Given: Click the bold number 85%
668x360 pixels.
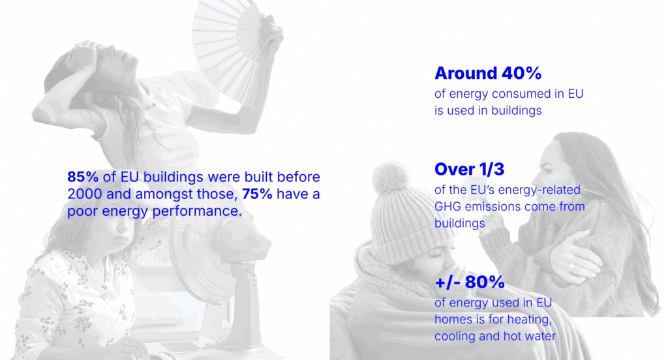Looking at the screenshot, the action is pyautogui.click(x=83, y=177).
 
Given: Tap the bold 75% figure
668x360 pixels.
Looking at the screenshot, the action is pyautogui.click(x=257, y=194).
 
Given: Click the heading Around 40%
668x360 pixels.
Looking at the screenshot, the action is pyautogui.click(x=488, y=73).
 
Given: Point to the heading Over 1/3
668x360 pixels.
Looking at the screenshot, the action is pyautogui.click(x=470, y=169).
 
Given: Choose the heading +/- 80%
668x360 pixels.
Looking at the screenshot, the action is pyautogui.click(x=470, y=282).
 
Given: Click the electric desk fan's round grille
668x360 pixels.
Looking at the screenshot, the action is pyautogui.click(x=200, y=256).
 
